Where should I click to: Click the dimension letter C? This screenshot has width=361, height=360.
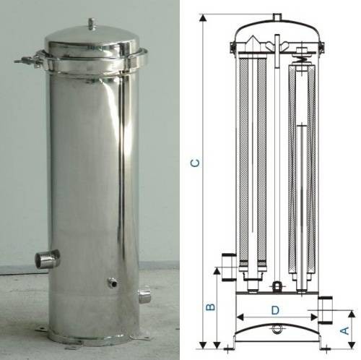(195, 163)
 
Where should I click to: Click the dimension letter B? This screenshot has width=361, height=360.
(210, 307)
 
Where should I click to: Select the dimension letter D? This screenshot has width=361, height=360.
(275, 310)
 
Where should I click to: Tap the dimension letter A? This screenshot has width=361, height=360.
(345, 330)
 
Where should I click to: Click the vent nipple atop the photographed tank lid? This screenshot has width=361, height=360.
(91, 24)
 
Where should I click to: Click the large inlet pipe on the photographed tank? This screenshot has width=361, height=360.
(47, 259)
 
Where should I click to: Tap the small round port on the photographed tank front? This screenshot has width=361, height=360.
(112, 283)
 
